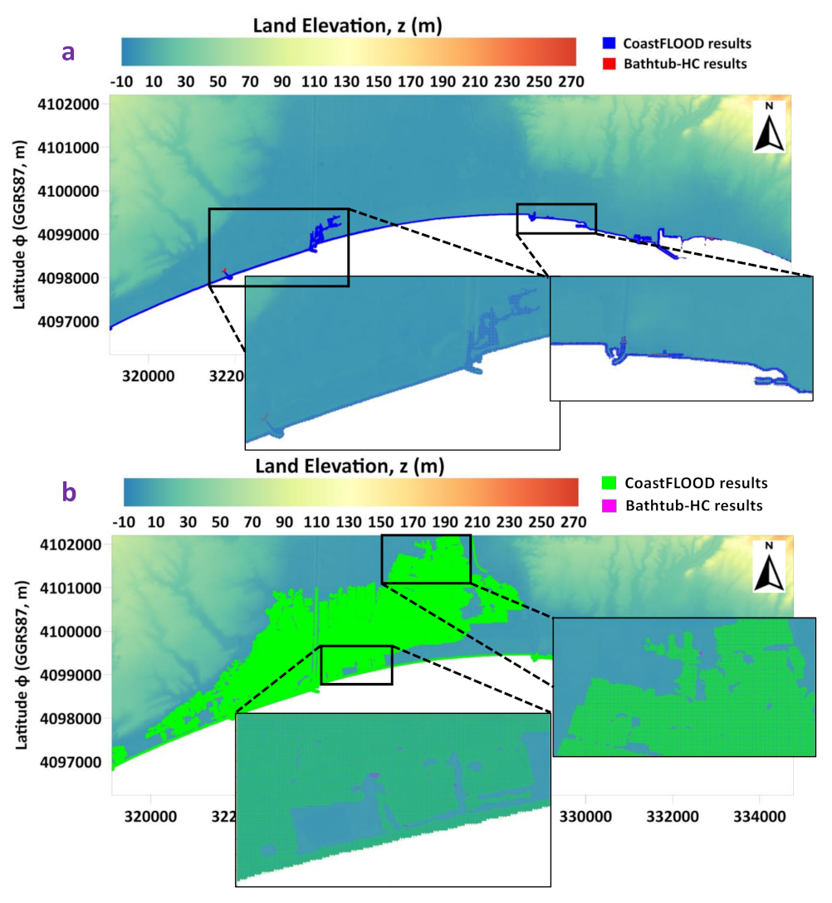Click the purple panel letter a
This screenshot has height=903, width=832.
tap(69, 51)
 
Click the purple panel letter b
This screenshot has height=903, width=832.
tap(70, 493)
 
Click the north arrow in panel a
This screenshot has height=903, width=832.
tap(769, 127)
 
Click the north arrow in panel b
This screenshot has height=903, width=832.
tap(769, 567)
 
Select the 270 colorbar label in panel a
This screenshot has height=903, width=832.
tap(574, 82)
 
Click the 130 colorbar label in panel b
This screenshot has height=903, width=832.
tap(347, 523)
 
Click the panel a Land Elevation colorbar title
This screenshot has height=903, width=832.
tap(347, 27)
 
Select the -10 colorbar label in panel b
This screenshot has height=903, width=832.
tap(123, 523)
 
